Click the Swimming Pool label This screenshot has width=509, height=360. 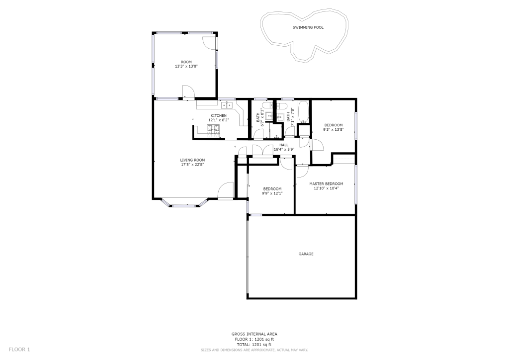pos(308,27)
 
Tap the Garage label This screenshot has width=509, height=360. pos(306,254)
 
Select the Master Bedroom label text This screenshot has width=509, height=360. pos(326,184)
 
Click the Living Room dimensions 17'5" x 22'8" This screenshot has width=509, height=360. pos(193,165)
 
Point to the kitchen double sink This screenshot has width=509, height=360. pos(227,105)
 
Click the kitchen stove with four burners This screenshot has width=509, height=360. pos(213,129)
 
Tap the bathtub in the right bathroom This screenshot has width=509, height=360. pos(304,112)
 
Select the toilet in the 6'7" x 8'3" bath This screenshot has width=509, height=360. pos(268,105)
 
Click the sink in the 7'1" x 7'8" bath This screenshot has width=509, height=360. pos(280,116)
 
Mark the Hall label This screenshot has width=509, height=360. pos(284,145)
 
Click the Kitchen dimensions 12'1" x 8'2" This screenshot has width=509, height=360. pos(219,120)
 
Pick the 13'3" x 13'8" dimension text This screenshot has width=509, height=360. pos(186,66)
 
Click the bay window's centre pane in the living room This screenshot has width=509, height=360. pos(184,205)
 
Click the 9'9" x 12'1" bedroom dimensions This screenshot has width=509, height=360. pos(272,193)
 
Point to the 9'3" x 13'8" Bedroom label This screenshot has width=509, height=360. pos(334,125)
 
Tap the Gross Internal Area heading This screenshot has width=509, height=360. pos(254,334)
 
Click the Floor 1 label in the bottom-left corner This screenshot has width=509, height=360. pos(19,350)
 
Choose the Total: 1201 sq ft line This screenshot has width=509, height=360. pos(254,345)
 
